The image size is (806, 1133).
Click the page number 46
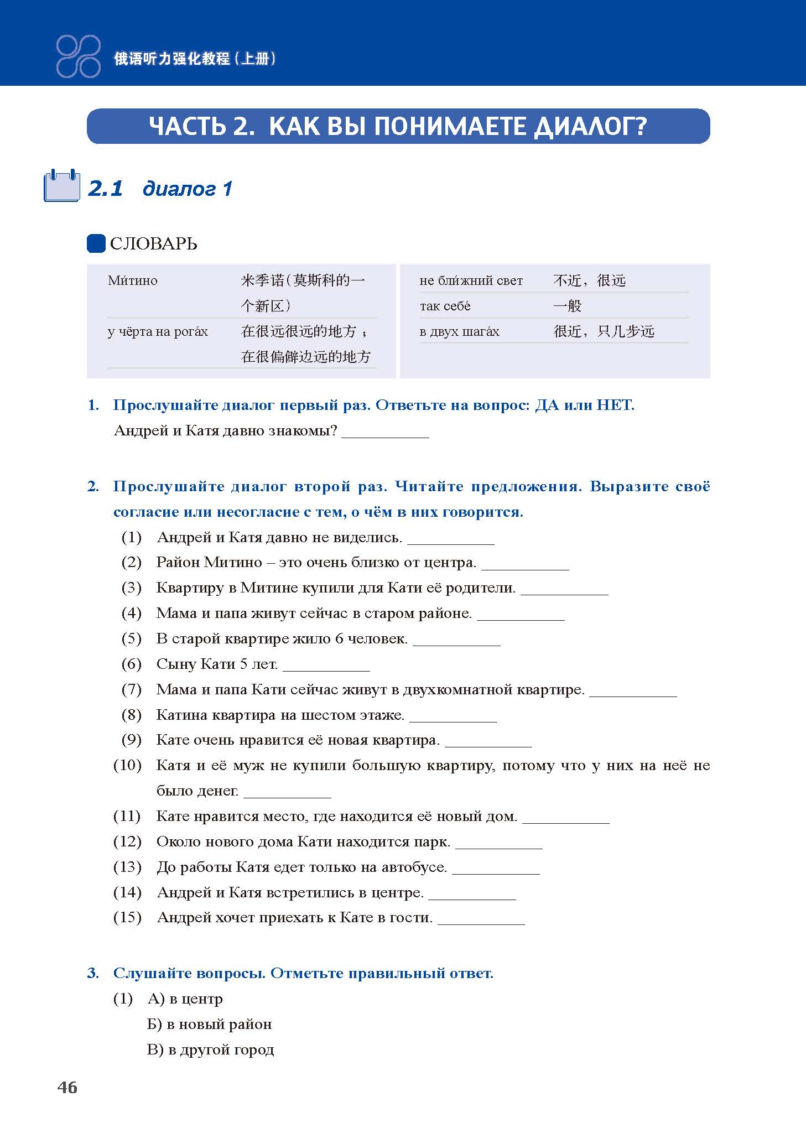[67, 1087]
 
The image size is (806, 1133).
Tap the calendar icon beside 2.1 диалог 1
[61, 186]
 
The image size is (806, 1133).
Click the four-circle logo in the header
[79, 56]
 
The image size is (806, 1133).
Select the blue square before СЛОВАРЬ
[96, 244]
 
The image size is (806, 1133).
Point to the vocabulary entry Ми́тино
[133, 280]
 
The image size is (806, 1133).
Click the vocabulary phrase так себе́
[445, 306]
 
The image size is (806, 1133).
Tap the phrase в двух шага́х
[459, 331]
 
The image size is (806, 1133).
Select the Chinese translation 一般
[568, 306]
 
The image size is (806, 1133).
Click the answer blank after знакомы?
[385, 432]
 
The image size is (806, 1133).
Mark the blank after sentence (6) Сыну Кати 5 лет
[326, 665]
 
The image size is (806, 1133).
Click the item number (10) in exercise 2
[128, 765]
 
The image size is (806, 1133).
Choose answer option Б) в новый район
[210, 1024]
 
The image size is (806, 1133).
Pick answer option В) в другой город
[211, 1049]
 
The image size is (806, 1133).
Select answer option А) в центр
[185, 999]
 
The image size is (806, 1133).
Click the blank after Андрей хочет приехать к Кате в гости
[481, 918]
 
